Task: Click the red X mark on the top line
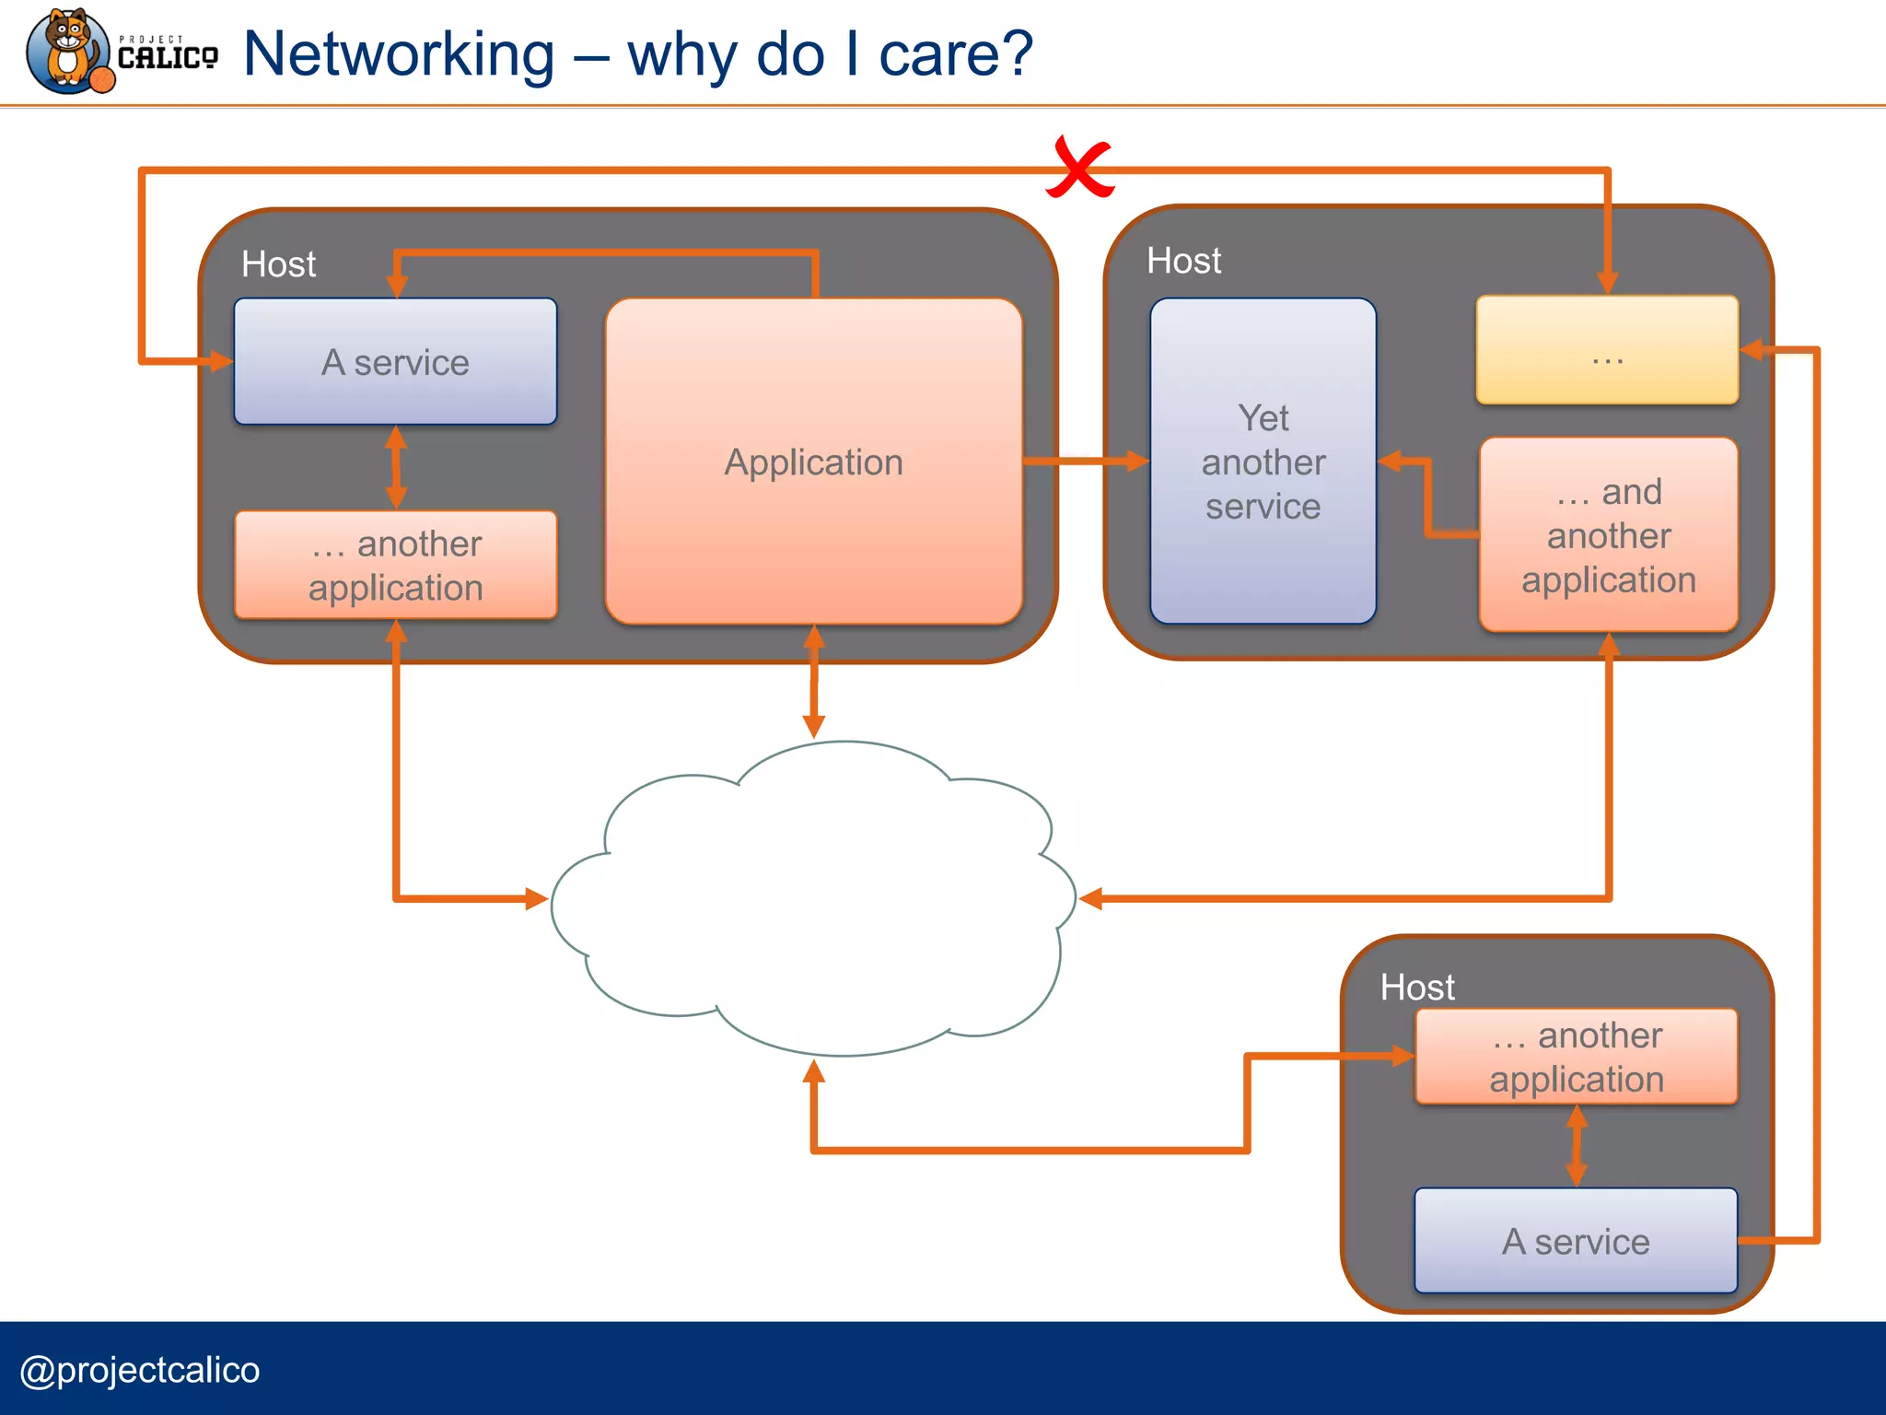coord(1079,169)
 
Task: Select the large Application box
coord(813,461)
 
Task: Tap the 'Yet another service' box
coord(1263,461)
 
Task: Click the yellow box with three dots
coord(1607,350)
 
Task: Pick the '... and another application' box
coord(1608,535)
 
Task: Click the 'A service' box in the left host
coord(395,361)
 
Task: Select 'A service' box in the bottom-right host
coord(1576,1241)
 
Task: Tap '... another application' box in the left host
coord(395,565)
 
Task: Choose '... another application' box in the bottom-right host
coord(1576,1057)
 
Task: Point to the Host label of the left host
coord(278,264)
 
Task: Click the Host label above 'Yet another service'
coord(1183,261)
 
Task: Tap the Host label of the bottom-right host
coord(1416,988)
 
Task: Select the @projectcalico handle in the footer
coord(140,1370)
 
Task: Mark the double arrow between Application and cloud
coord(813,682)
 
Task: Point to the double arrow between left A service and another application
coord(396,467)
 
